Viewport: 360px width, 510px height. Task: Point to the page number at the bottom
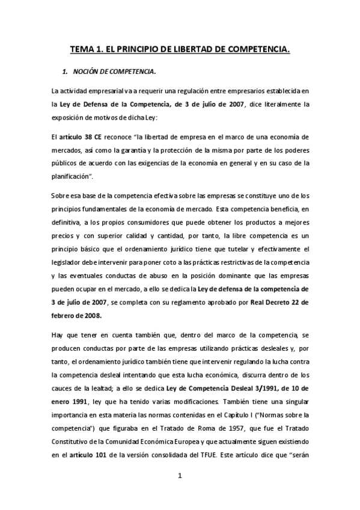(x=180, y=476)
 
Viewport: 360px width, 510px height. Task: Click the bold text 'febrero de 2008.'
(x=77, y=315)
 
